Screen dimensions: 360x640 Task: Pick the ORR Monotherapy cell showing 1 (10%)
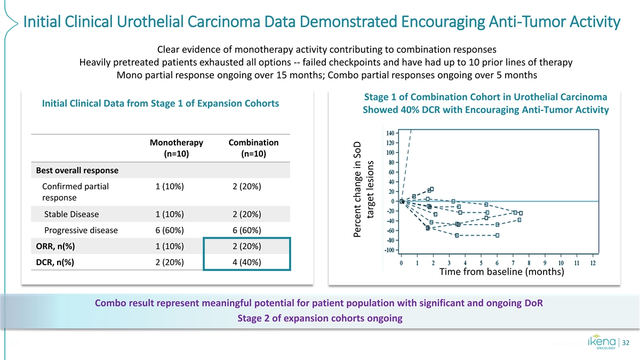[170, 246]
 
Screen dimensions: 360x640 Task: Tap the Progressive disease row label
[81, 230]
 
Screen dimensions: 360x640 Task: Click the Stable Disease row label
[71, 214]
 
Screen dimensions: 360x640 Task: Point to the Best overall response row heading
[77, 171]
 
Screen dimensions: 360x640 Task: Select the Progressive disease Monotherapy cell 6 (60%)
[170, 230]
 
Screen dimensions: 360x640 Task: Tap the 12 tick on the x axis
[593, 263]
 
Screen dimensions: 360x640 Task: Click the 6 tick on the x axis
[497, 263]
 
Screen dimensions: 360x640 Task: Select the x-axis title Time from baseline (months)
[501, 273]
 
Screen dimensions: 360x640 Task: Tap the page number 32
[626, 342]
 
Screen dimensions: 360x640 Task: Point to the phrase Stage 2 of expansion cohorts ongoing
[319, 318]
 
